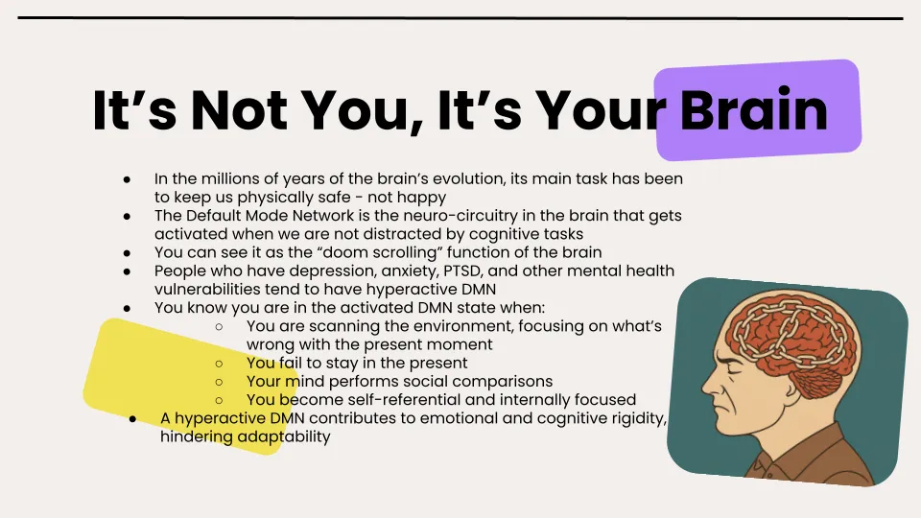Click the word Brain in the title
coord(753,111)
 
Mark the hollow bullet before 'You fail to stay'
coord(220,363)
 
